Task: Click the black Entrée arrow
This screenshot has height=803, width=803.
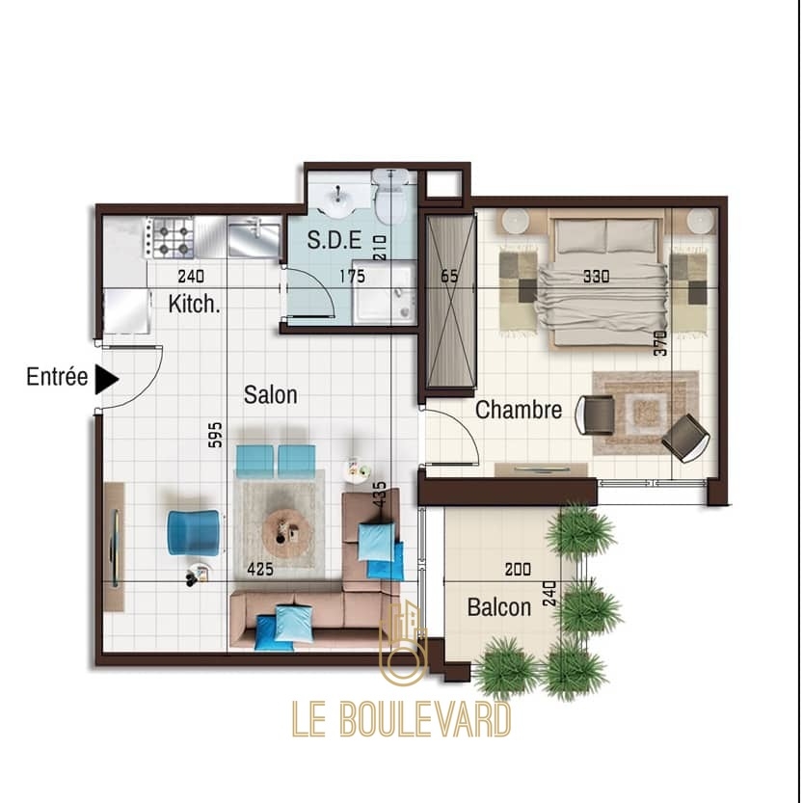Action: (x=106, y=380)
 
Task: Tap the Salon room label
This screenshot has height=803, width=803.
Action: (x=270, y=395)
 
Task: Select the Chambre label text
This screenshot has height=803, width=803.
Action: (x=519, y=410)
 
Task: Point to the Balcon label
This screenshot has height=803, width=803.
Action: (x=499, y=607)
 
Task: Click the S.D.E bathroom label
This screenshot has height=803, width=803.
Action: (x=335, y=240)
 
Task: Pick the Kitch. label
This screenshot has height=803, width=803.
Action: (x=194, y=305)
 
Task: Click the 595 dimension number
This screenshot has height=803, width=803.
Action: (x=216, y=435)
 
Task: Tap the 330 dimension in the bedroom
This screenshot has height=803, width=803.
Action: (x=597, y=277)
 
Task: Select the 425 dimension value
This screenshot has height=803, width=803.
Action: (x=260, y=569)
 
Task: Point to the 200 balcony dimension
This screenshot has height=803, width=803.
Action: (x=518, y=569)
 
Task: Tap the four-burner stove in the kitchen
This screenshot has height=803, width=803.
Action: (x=170, y=237)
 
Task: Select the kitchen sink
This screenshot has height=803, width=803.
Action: (x=254, y=236)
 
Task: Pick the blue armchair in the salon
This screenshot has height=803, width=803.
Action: (x=195, y=532)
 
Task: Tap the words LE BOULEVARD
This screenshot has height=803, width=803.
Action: (x=401, y=719)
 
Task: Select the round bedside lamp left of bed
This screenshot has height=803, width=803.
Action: (x=515, y=222)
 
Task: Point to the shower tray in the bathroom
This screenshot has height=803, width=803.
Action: (x=385, y=293)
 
